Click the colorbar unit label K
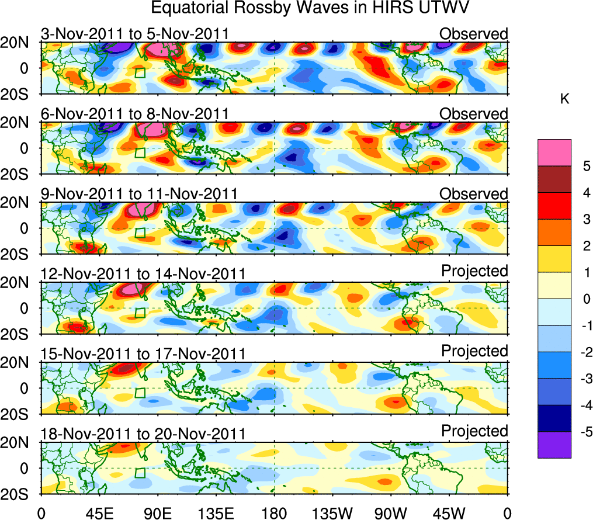coord(565,99)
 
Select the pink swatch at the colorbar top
coord(554,152)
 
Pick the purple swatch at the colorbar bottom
coord(554,445)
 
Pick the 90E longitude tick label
coord(158,513)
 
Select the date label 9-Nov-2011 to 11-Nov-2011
coord(139,194)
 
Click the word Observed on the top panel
coord(474,34)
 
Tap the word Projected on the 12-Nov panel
coord(474,271)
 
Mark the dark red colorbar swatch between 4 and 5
coord(554,179)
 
